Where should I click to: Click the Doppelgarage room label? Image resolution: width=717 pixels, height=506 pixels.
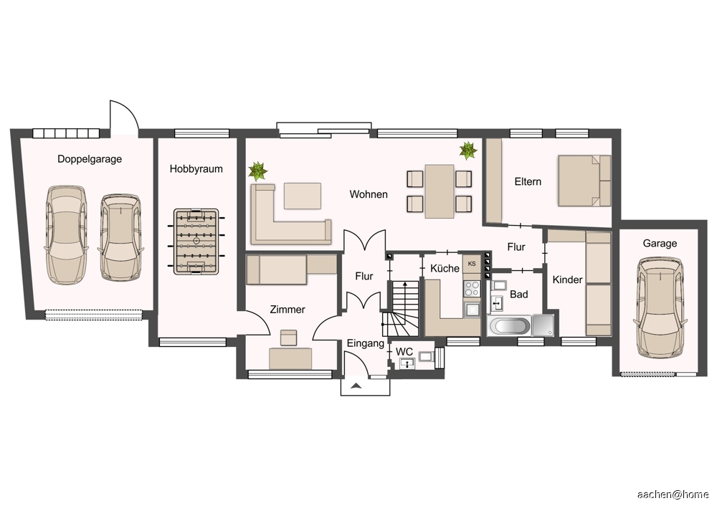click(90, 159)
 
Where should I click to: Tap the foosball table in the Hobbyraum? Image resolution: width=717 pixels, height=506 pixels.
click(196, 242)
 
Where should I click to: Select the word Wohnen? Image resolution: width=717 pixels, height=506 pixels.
click(369, 194)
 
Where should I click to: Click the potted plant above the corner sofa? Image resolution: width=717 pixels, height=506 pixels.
click(258, 171)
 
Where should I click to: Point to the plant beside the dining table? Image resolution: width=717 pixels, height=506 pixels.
click(468, 151)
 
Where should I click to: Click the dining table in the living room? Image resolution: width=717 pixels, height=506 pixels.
click(440, 191)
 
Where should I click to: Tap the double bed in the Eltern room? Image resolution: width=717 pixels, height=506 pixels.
click(584, 181)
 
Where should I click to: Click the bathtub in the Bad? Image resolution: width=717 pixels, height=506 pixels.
click(509, 326)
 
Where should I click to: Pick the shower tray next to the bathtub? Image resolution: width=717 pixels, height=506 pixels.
click(543, 325)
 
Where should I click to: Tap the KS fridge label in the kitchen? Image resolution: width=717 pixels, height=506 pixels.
click(472, 264)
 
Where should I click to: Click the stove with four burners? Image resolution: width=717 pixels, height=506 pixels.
click(472, 288)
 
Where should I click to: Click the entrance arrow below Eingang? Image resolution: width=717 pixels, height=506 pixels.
click(356, 386)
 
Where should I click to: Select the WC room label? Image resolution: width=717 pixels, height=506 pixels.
click(404, 352)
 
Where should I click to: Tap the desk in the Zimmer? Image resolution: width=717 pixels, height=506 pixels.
click(291, 358)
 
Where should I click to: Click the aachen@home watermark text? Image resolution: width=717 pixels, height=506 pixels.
click(673, 494)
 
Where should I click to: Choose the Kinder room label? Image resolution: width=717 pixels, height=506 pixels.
click(567, 280)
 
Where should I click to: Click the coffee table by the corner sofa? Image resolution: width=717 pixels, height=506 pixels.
click(303, 196)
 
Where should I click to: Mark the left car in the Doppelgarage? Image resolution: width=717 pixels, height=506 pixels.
click(65, 235)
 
